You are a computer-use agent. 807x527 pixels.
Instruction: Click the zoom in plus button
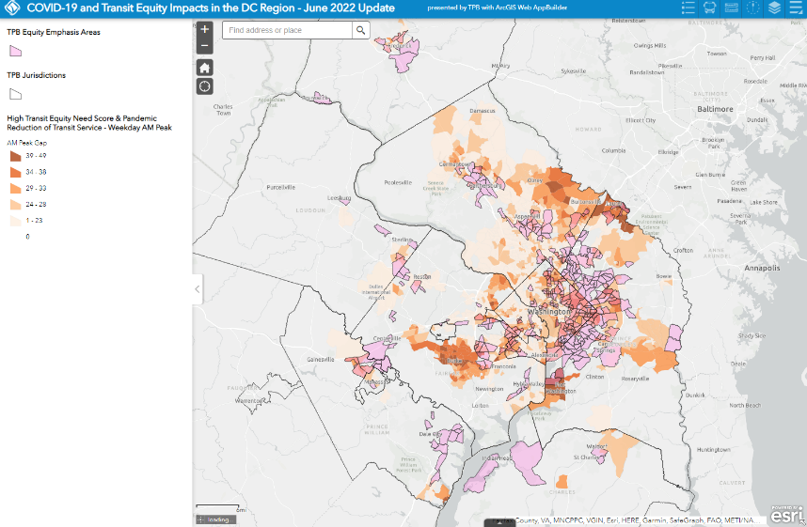click(205, 29)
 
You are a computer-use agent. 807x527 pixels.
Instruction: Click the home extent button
click(205, 67)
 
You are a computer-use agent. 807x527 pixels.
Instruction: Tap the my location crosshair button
click(205, 86)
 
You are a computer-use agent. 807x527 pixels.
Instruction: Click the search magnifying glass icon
click(361, 30)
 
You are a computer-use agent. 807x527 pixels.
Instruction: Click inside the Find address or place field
click(288, 30)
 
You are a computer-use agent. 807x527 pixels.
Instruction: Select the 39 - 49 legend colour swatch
click(15, 155)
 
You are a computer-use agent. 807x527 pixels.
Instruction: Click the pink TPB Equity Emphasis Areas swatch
click(15, 53)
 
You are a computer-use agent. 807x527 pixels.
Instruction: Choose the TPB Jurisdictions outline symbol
click(15, 94)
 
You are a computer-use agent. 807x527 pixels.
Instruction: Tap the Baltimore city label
click(714, 109)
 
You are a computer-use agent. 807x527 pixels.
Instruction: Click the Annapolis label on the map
click(763, 268)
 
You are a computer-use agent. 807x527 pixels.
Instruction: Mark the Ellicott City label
click(640, 120)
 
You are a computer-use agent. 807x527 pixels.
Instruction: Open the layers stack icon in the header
click(774, 8)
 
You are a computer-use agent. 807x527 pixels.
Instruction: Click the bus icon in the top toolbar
click(710, 8)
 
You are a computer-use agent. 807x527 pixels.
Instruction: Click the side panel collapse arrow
click(198, 289)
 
